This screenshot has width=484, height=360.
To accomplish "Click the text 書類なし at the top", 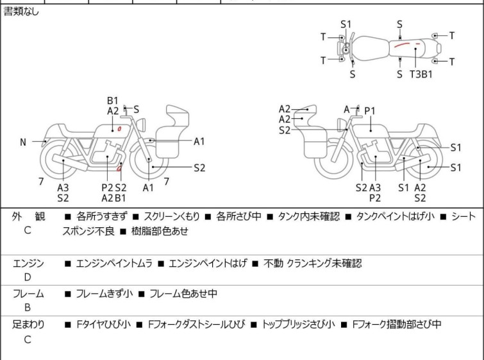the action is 21,12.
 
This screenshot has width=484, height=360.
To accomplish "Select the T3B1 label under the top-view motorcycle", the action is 421,74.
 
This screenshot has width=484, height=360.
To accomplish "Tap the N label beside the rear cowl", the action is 23,142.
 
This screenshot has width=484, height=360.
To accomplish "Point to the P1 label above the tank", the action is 370,110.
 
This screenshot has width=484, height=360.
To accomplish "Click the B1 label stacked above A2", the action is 113,101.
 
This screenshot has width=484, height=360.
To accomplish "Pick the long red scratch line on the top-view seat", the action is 402,44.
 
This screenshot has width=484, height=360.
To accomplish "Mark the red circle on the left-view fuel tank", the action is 119,128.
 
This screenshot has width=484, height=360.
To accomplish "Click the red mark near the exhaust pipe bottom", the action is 119,168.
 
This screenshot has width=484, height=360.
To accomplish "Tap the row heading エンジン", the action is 28,263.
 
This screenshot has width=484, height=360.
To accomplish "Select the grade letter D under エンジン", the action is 28,277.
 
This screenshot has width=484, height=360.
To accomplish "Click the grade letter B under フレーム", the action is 28,307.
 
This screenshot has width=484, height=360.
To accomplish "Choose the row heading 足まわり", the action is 28,324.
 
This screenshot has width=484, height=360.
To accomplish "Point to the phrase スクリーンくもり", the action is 172,216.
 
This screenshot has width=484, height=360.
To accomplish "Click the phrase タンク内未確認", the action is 309,216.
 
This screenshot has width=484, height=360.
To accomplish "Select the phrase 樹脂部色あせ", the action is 160,231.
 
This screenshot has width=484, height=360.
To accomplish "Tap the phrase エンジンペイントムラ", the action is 114,263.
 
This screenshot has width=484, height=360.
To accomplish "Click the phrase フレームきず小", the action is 104,293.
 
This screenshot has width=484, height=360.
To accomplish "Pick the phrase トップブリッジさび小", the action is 298,324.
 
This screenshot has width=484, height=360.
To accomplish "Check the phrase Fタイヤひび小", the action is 103,324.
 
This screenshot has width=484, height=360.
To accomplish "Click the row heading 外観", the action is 28,216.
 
